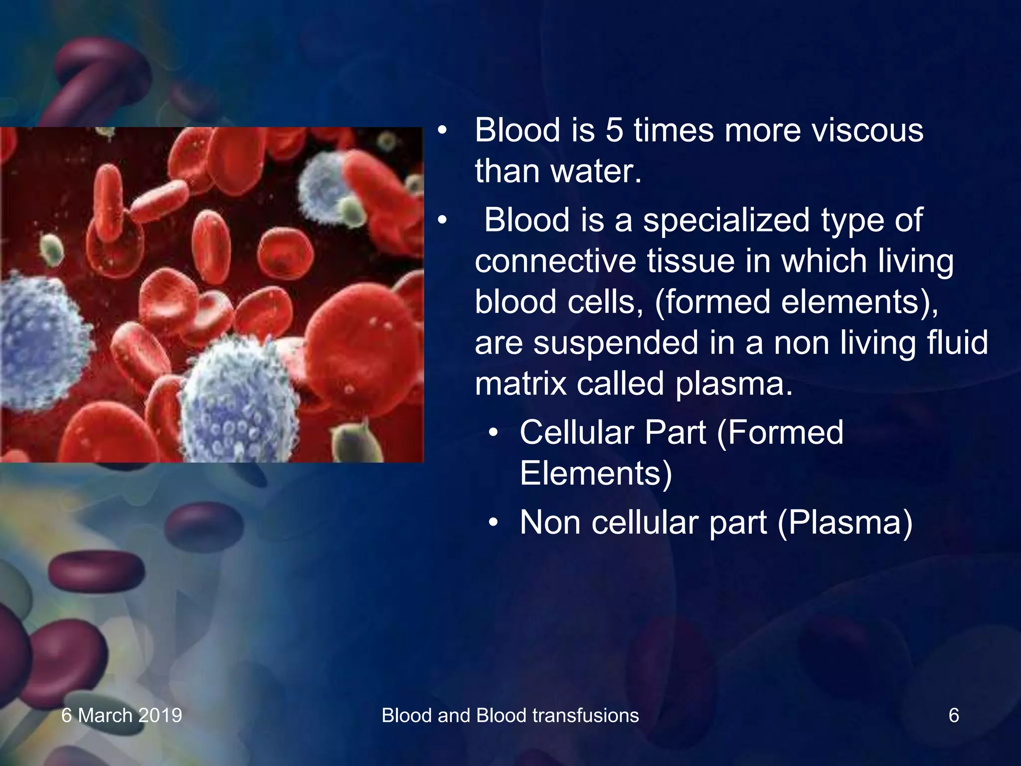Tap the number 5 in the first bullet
tap(614, 131)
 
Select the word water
tap(595, 172)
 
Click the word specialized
tap(726, 220)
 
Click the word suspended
tap(616, 344)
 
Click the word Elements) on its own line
tap(596, 473)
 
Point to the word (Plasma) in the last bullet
tap(845, 523)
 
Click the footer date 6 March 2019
tap(122, 716)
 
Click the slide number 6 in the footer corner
tap(953, 716)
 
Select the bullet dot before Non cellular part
tap(493, 523)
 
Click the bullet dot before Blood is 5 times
tap(442, 131)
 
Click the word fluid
tap(957, 343)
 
